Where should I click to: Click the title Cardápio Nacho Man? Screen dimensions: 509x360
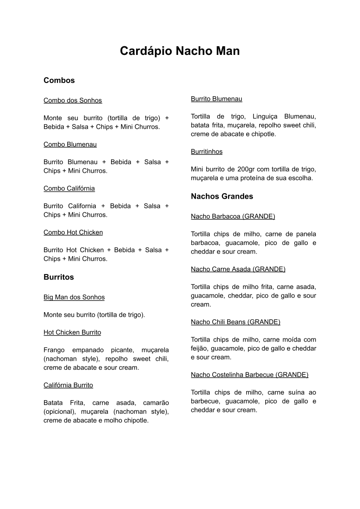(x=180, y=51)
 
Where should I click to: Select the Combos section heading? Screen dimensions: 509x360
(x=59, y=80)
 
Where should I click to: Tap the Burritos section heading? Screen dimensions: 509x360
(x=58, y=277)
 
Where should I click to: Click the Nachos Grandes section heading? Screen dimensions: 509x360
(x=222, y=196)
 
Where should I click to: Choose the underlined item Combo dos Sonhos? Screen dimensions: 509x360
(x=73, y=100)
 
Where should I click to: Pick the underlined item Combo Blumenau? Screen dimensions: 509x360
(x=70, y=144)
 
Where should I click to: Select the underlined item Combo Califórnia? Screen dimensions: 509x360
(x=69, y=188)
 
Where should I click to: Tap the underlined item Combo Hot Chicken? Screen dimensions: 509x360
(x=73, y=232)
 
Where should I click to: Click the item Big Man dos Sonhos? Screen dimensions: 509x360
(x=74, y=297)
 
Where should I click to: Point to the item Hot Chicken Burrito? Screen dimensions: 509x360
(x=72, y=333)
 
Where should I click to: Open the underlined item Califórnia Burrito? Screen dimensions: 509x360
(x=68, y=385)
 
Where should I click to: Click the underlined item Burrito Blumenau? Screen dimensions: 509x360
(x=216, y=99)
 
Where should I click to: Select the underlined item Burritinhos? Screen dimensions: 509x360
(x=206, y=152)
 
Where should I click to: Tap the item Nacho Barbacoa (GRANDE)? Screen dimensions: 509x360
(x=233, y=216)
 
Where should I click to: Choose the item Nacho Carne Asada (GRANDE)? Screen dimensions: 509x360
(x=238, y=269)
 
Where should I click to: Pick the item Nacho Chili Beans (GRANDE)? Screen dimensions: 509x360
(x=235, y=322)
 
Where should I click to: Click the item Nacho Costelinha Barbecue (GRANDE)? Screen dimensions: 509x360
(x=249, y=375)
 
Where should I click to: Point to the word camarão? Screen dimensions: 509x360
(x=156, y=403)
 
